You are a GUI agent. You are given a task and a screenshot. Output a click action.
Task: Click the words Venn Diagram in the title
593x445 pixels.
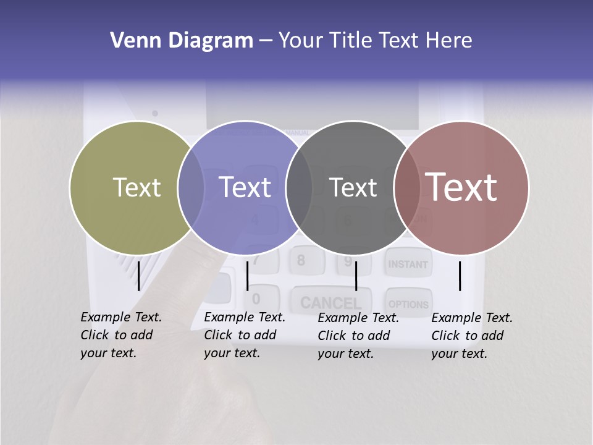tap(181, 41)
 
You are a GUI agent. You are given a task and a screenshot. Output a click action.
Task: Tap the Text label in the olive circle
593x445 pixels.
tap(137, 187)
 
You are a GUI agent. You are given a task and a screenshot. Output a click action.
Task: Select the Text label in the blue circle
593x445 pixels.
tap(245, 187)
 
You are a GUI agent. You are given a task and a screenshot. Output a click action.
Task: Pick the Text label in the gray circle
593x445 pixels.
tap(353, 187)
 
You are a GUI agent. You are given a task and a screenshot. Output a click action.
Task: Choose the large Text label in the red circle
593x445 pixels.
tap(461, 187)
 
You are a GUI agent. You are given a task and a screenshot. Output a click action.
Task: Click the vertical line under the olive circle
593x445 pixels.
tap(139, 276)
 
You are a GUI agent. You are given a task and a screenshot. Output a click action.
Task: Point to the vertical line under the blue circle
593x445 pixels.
tap(247, 276)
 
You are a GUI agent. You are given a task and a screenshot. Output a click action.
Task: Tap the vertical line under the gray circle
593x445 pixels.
tap(356, 276)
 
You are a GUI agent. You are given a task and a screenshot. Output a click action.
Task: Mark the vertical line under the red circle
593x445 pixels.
tap(460, 276)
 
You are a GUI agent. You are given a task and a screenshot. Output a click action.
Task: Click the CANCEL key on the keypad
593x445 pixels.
tap(331, 302)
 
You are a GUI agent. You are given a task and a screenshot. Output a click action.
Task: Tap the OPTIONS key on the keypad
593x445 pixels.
tap(408, 304)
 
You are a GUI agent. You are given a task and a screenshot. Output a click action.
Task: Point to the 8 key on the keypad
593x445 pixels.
tap(301, 260)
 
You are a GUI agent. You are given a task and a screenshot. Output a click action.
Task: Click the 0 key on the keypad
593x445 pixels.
tap(256, 299)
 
